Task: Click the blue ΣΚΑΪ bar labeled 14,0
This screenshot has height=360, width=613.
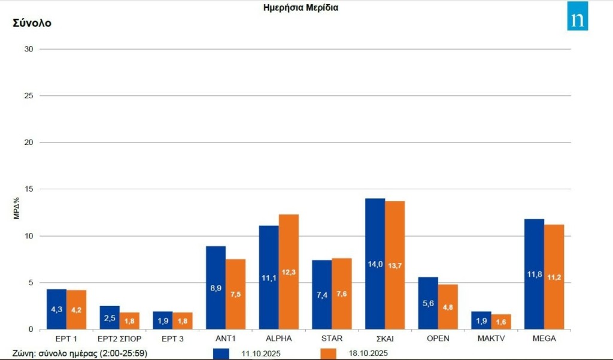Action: coord(375,264)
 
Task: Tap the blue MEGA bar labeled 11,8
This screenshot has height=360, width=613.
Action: coord(534,274)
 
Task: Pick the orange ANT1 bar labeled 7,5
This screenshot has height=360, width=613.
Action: coord(235,294)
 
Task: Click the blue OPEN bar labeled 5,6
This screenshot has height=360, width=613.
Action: coord(428,303)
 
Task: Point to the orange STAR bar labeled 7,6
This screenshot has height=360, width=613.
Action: coord(342,294)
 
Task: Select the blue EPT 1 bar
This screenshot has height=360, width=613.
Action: coord(56,309)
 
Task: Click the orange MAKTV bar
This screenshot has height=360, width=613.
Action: coord(501,322)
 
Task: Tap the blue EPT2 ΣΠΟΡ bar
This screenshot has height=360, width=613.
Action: coord(110,317)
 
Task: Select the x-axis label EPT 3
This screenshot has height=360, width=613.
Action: coord(172,338)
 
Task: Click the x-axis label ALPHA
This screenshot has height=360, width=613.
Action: coord(278,338)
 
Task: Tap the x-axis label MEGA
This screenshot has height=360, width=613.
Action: coord(544,338)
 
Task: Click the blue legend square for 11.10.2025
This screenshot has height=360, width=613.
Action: coord(221,353)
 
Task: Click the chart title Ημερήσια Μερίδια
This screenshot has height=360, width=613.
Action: coord(301,8)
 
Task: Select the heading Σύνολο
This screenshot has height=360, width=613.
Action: coord(32,23)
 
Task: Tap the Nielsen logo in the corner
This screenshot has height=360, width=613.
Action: coord(578,16)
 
